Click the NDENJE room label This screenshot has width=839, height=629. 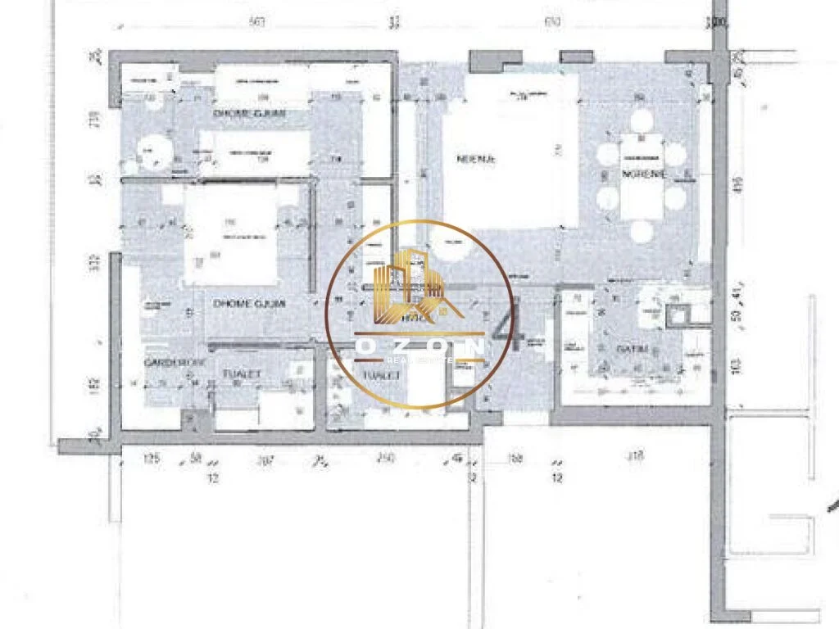coord(476,160)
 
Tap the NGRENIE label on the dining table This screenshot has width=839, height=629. coord(643,174)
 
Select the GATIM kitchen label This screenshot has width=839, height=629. coord(628,349)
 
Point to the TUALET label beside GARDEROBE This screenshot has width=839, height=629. coord(242,373)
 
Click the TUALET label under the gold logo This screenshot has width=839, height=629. coord(382,373)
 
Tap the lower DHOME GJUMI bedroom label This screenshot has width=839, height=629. coord(249,303)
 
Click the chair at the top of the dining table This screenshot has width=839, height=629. coord(642,121)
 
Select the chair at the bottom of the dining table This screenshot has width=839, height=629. coord(642,232)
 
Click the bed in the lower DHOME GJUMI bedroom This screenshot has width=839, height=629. coord(229,235)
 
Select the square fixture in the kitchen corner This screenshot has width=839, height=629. coord(679,313)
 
